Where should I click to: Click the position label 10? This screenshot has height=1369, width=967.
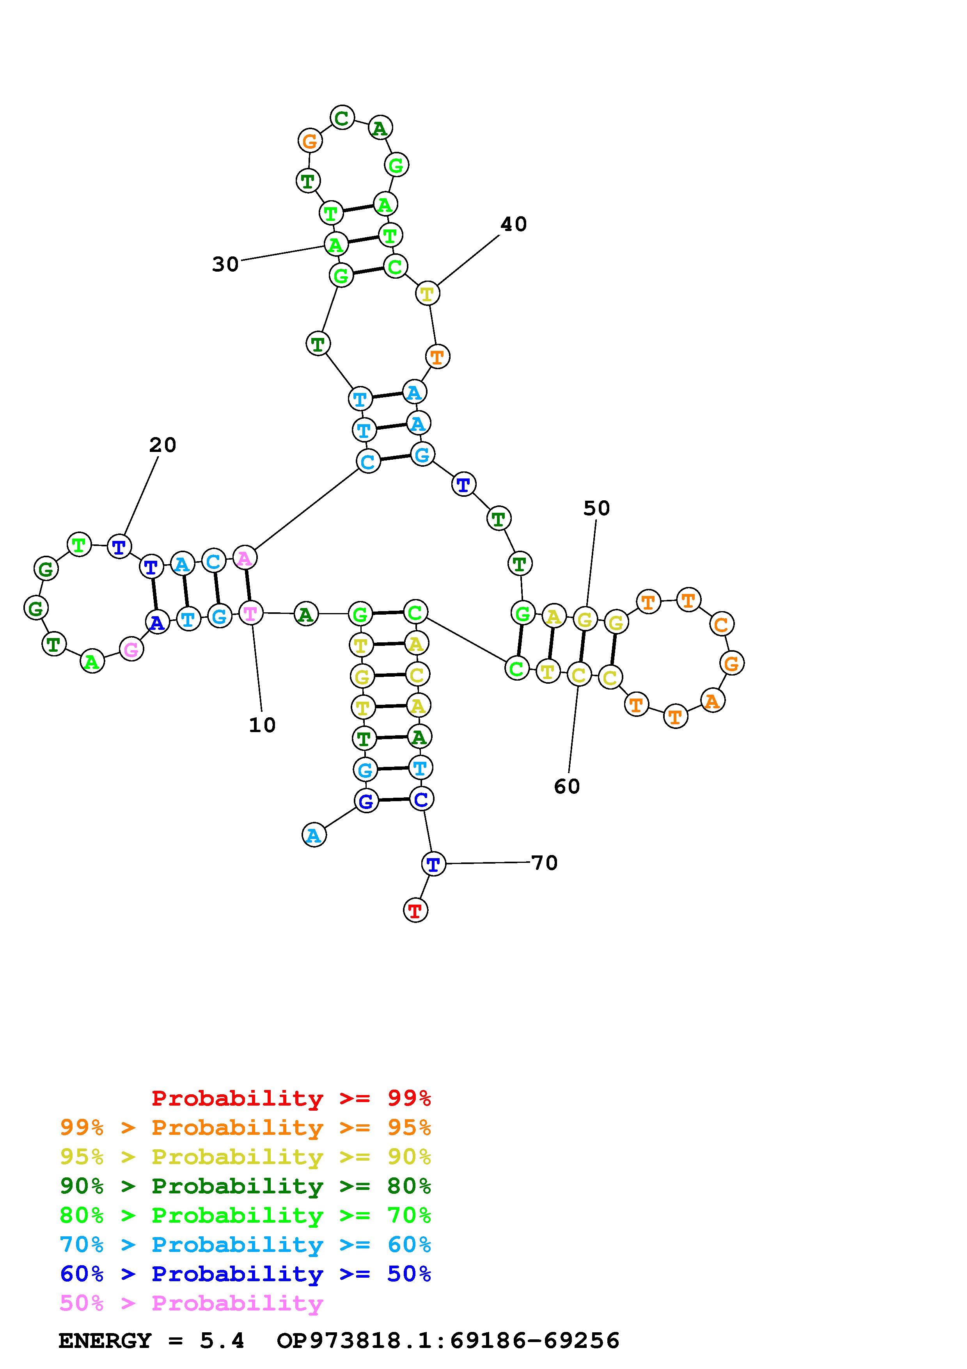[262, 725]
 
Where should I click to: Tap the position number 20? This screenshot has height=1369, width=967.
[163, 445]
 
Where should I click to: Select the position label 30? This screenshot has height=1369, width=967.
[225, 264]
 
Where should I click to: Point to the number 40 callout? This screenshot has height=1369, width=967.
[514, 224]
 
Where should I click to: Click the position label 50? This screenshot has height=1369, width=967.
[596, 508]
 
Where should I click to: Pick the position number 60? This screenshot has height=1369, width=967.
[567, 786]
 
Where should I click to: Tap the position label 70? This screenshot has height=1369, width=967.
[544, 863]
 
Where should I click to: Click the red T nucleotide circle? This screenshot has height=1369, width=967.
[415, 910]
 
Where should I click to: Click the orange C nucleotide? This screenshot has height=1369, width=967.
[721, 625]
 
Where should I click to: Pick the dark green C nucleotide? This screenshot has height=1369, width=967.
[342, 117]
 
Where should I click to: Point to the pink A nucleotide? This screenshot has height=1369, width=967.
[244, 558]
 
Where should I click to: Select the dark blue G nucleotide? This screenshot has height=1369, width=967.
[366, 801]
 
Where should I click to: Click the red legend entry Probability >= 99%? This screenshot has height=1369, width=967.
[291, 1098]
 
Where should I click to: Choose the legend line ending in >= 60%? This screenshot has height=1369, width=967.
[245, 1245]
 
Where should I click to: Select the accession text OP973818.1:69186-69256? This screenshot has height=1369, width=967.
[448, 1341]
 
